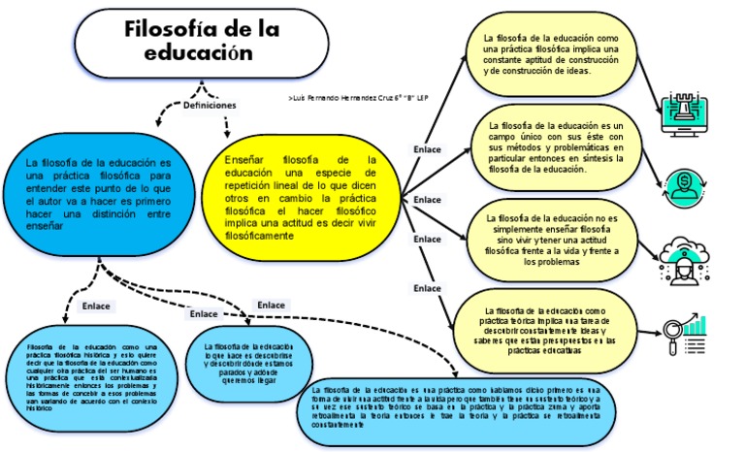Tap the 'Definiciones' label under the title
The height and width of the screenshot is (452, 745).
(x=209, y=105)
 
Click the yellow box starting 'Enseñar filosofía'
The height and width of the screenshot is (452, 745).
(x=301, y=197)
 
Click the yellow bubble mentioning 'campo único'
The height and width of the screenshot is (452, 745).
(x=555, y=146)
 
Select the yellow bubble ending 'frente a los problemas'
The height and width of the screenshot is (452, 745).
(x=550, y=240)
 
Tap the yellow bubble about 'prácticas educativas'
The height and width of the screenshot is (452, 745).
(x=548, y=324)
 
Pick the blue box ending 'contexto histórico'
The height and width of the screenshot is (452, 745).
(x=92, y=377)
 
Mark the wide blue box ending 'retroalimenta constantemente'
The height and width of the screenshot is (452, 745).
(x=456, y=408)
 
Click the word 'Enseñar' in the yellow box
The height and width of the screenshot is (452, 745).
(x=243, y=159)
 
